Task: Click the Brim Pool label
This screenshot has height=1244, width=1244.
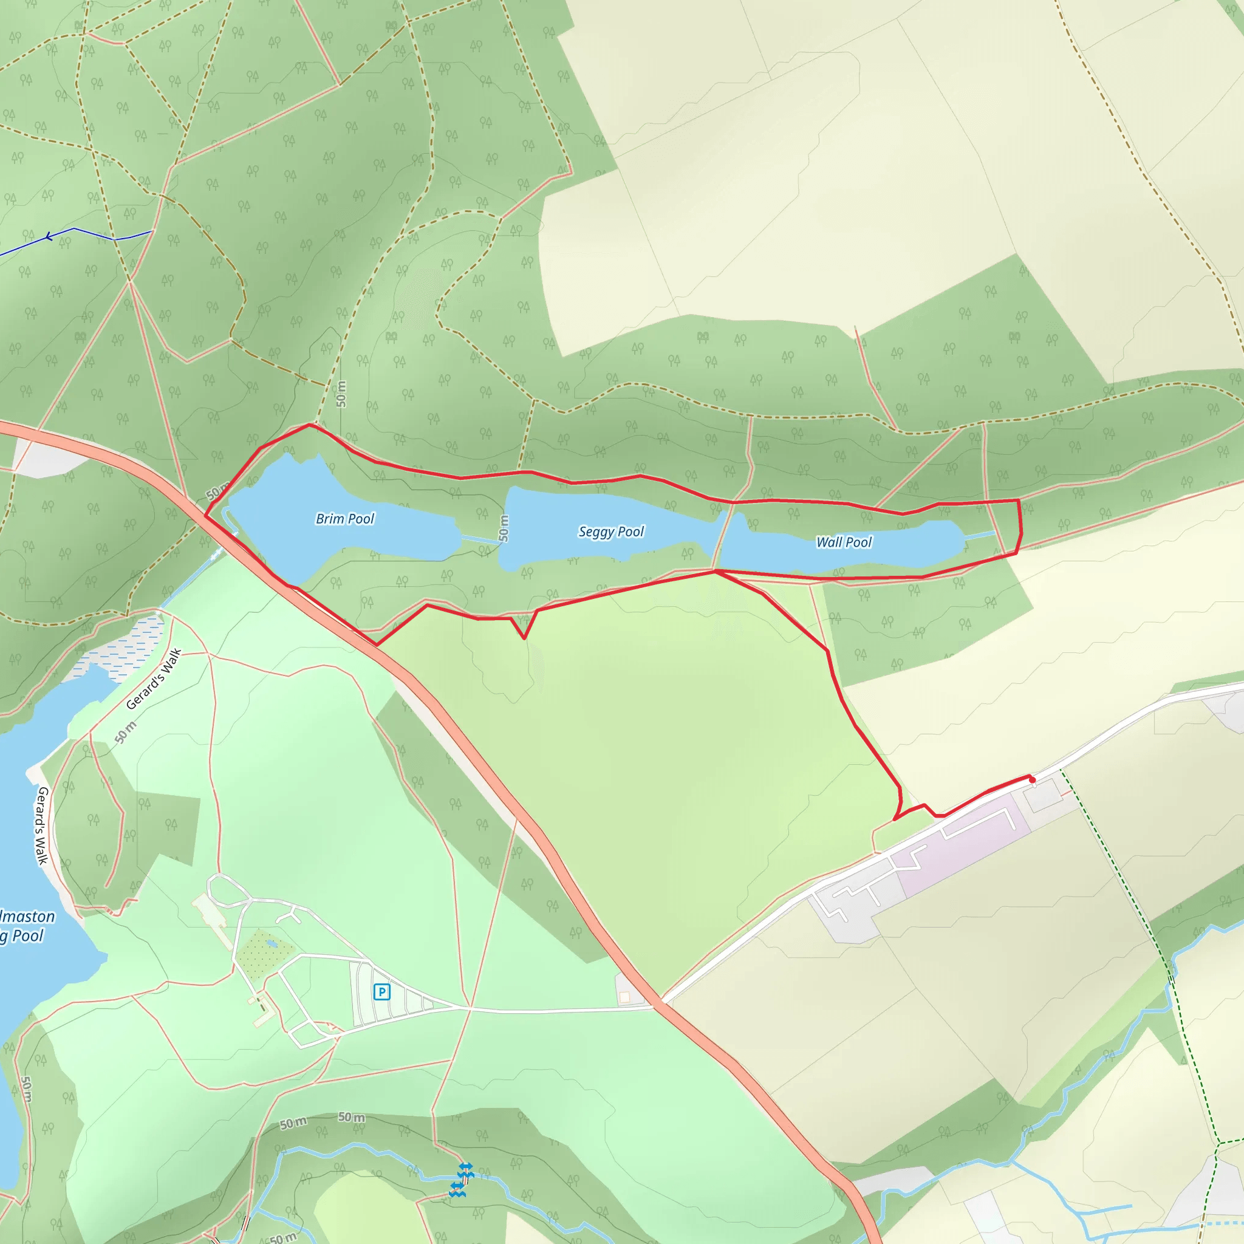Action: tap(344, 519)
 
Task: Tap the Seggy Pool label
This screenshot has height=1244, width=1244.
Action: tap(611, 532)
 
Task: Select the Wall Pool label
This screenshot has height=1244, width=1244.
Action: tap(844, 542)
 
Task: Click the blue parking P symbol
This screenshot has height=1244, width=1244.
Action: tap(382, 991)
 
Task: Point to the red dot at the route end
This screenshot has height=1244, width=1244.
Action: tap(1033, 780)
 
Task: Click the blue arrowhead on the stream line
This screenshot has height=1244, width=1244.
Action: tap(49, 238)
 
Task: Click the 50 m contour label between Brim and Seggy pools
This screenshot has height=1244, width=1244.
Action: tap(504, 528)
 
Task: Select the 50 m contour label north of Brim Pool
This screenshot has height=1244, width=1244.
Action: tap(341, 394)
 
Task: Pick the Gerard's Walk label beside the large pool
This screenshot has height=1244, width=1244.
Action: tap(41, 825)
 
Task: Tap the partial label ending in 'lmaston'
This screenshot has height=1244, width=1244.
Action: tap(28, 916)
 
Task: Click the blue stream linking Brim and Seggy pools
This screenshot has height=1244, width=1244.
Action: tap(480, 539)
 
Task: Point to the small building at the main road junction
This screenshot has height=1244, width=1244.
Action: tap(624, 997)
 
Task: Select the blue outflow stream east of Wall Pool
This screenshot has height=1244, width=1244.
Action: tap(979, 535)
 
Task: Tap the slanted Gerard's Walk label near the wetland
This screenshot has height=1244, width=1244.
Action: tap(154, 678)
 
